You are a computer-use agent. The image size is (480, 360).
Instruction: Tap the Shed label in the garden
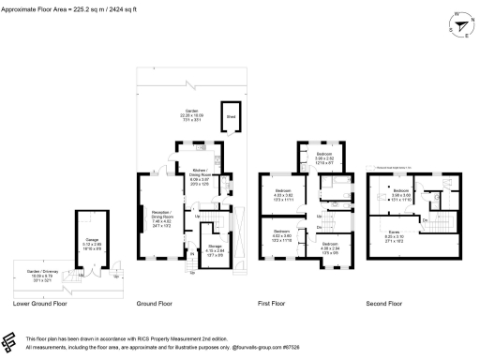(x=229, y=116)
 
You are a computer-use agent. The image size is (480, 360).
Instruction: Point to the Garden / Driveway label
(x=36, y=277)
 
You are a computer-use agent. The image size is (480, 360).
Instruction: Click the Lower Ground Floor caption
(x=40, y=303)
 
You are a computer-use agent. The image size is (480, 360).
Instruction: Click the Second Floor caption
(x=383, y=303)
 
